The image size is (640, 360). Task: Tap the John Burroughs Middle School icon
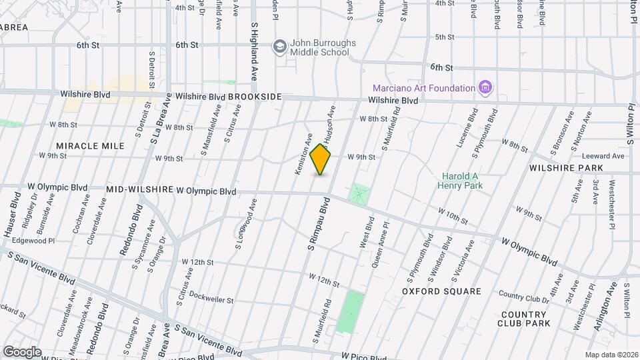279,46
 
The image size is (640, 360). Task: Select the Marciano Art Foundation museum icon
485,88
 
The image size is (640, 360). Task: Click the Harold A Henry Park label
460,181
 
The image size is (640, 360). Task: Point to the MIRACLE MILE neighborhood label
81,145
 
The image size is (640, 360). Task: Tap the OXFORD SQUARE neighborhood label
442,291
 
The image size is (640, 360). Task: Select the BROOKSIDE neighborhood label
255,97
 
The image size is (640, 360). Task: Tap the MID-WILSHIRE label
139,191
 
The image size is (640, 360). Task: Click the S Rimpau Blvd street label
321,227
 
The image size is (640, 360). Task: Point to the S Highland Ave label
254,51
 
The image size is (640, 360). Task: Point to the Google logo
22,352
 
